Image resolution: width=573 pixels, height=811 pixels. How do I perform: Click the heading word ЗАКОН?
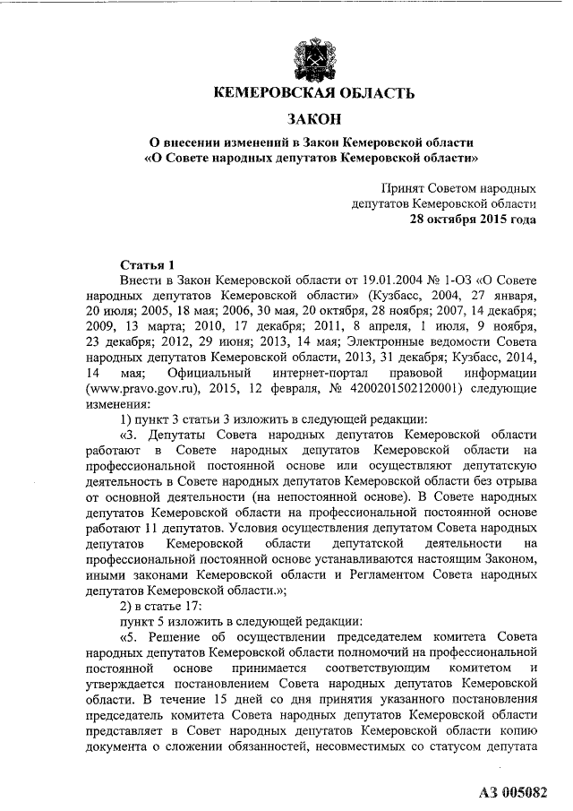coord(313,118)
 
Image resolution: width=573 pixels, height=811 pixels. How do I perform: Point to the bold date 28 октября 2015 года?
coord(474,220)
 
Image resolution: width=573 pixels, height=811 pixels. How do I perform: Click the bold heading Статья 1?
coord(144,265)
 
